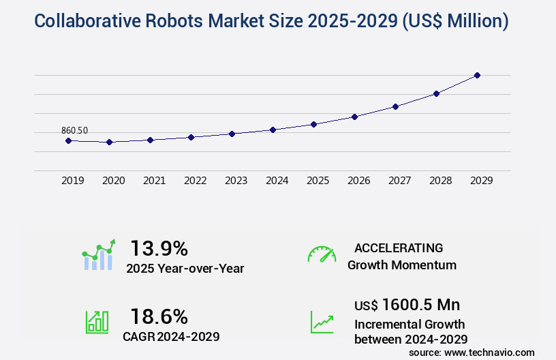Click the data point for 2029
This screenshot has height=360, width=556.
point(477,75)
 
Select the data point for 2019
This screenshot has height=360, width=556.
point(68,140)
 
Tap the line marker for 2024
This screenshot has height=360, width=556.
point(273,130)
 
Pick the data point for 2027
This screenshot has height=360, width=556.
point(395,106)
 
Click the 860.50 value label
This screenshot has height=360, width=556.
point(74,130)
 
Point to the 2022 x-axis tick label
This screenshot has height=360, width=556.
point(195,181)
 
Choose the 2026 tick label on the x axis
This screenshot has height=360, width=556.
point(358,181)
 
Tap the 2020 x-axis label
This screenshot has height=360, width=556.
point(113,181)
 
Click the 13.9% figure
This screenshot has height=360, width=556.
point(159,247)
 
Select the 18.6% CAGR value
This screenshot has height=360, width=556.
point(159,316)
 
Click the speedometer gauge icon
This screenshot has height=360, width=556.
point(322,254)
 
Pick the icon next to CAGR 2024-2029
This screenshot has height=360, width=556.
point(97,322)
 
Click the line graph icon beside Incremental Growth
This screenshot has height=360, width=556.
point(322,322)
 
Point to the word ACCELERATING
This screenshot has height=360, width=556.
point(399,247)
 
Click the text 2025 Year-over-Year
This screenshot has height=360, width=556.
point(185,269)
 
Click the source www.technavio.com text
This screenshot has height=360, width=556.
point(472,352)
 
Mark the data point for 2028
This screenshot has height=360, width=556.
point(436,93)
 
